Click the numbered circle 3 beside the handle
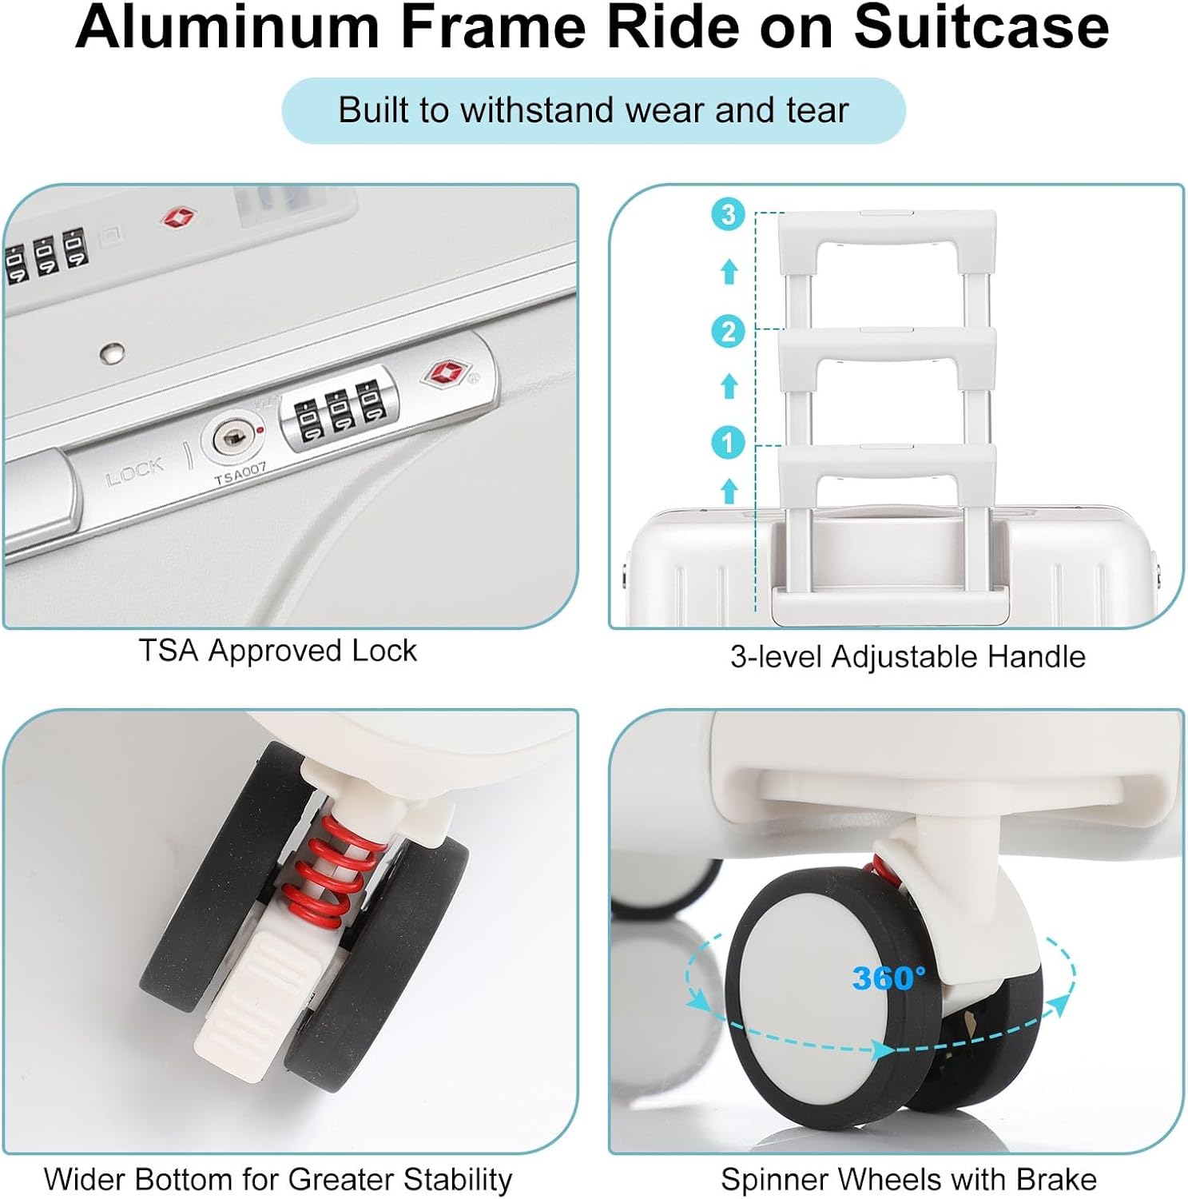[728, 214]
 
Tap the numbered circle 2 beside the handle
[728, 331]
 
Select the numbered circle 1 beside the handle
[728, 442]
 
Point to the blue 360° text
[888, 977]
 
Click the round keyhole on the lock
[232, 437]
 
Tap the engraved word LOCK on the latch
[134, 472]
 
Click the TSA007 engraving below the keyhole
[240, 473]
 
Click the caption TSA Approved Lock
[277, 651]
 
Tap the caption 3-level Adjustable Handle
[908, 657]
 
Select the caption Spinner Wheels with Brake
[908, 1179]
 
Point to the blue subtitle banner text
[593, 110]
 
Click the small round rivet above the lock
[113, 352]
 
